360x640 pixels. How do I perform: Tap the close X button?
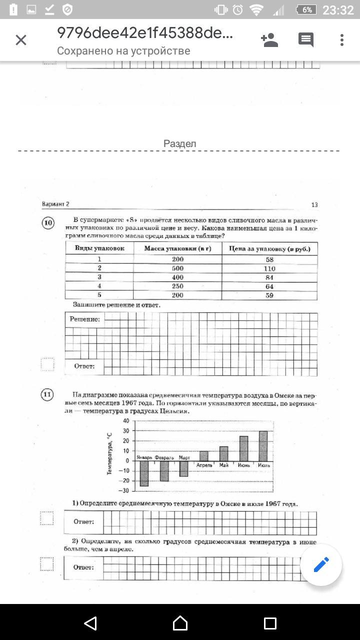coord(21,40)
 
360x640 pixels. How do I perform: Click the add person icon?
coord(269,40)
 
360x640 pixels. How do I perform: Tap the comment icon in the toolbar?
coord(305,40)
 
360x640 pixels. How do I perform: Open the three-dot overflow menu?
coord(342,40)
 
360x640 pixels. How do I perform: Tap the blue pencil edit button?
coord(321,564)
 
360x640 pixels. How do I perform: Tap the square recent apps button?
coord(270,622)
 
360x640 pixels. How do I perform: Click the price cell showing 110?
coord(269,268)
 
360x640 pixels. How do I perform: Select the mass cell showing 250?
coord(177,286)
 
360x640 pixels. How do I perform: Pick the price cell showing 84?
coord(269,277)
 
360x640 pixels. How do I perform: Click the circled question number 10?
coord(48,223)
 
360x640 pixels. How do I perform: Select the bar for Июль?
coord(263,446)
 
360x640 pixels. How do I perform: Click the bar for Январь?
coord(144,473)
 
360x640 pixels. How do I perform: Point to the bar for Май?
coord(223,453)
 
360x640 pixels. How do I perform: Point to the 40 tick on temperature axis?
coord(125,421)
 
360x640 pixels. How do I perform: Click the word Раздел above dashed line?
coord(179,143)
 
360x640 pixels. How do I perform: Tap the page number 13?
coord(314,204)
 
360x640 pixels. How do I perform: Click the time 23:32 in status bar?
coord(338,10)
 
